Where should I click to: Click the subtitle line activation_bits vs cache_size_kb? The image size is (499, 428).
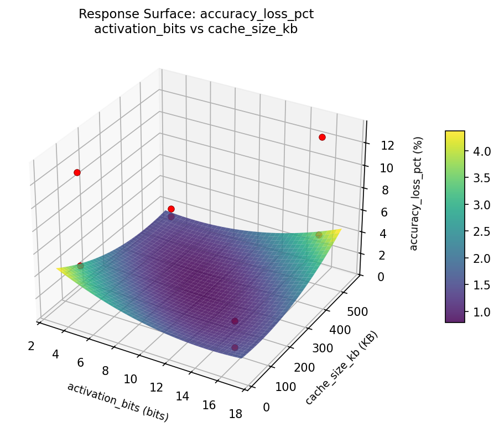click(196, 29)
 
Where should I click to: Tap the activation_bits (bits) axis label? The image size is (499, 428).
click(117, 401)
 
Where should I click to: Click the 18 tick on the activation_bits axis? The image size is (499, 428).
click(235, 415)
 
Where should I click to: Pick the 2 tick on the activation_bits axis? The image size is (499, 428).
click(31, 346)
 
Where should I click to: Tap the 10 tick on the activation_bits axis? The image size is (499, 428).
click(130, 379)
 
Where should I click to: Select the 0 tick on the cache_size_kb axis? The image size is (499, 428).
click(267, 408)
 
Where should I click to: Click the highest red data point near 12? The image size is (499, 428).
click(322, 137)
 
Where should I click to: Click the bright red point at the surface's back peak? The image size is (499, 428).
click(171, 209)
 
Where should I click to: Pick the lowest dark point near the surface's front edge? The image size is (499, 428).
click(235, 347)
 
